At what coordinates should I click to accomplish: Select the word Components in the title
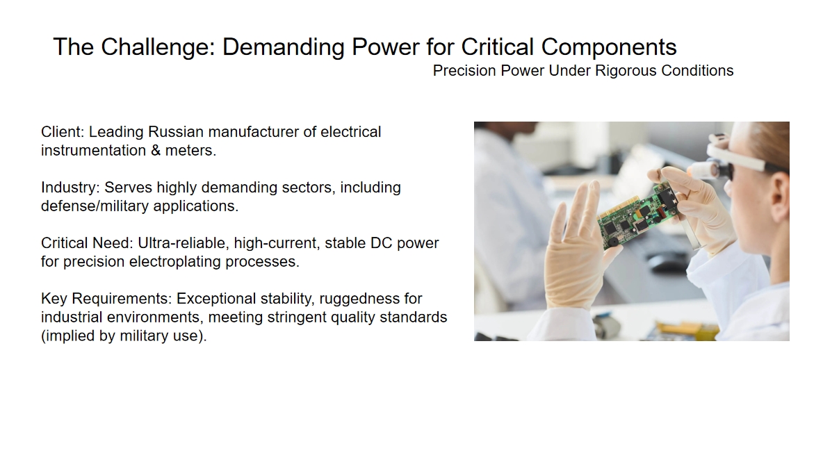(x=609, y=47)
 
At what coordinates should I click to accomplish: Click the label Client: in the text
(x=63, y=131)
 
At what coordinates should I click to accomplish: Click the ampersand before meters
(x=156, y=151)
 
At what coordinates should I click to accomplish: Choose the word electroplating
(x=174, y=262)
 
